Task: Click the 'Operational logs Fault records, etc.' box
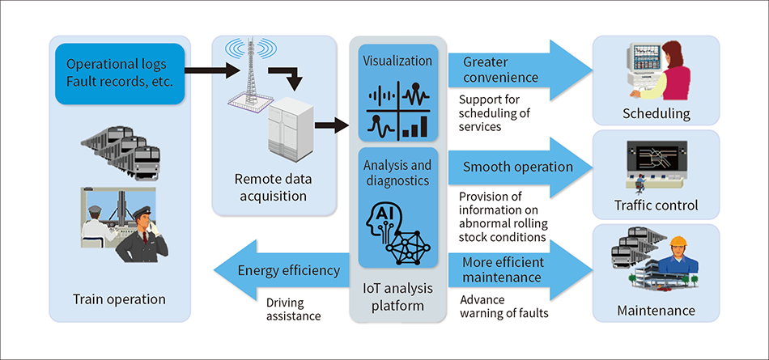click(x=120, y=73)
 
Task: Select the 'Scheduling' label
click(x=656, y=115)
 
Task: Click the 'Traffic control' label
click(x=656, y=205)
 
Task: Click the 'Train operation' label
click(x=120, y=299)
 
